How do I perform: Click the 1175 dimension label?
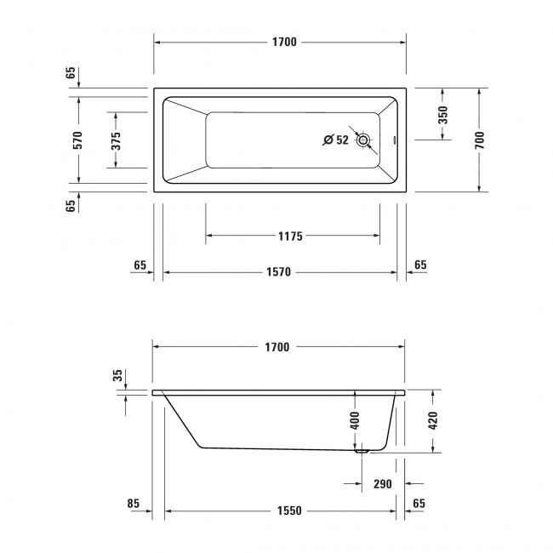coord(290,236)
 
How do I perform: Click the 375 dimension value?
coord(117,140)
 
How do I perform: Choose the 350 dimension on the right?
coord(442,116)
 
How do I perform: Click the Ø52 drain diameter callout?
coord(336,140)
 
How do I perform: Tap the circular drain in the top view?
coord(364,140)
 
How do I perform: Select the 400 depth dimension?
coord(355,419)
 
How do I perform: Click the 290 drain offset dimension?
coord(383,484)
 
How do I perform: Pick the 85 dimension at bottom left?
coord(134,504)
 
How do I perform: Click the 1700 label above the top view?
coord(284,42)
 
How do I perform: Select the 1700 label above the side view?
coord(278,347)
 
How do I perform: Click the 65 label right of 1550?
coord(419,504)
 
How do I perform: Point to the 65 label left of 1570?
coord(140,265)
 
